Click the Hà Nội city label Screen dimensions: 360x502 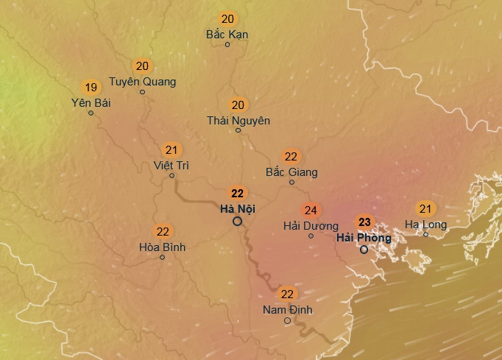238,209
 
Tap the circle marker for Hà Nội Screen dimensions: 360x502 238,221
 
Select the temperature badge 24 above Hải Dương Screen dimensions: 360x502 311,211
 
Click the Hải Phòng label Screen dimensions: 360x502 364,238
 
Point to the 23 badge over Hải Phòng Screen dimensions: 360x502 364,222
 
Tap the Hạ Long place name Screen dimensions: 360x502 425,224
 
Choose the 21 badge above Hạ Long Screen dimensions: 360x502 425,208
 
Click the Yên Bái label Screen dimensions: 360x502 91,102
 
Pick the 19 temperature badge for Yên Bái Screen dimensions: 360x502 91,86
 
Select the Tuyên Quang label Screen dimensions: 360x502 142,81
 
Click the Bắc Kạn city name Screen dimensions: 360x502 227,35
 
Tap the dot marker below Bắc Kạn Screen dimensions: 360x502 227,45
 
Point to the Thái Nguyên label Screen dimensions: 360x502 238,120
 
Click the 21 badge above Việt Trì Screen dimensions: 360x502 172,149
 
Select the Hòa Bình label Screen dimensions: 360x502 163,247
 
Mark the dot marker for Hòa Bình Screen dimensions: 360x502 163,257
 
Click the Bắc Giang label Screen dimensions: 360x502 291,172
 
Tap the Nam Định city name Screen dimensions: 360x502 287,310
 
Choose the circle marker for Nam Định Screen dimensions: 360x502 288,320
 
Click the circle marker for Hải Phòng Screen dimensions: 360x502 364,250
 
